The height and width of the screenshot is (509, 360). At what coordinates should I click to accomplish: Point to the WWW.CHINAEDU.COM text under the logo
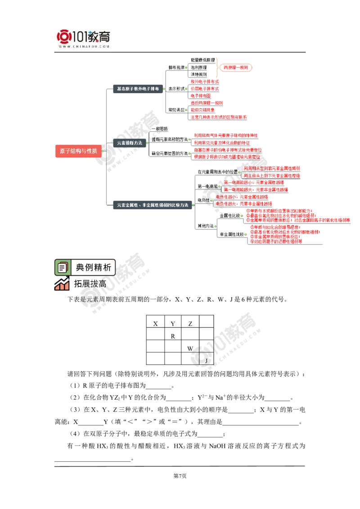(x=84, y=46)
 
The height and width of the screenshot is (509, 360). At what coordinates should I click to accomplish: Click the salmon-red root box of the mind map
(x=77, y=151)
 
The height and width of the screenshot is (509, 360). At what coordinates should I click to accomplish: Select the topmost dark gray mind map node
(x=137, y=89)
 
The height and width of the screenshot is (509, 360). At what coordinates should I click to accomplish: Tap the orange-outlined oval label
(x=236, y=68)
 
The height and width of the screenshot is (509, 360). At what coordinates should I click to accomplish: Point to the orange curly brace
(x=218, y=67)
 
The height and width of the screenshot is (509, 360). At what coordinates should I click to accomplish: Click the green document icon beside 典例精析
(x=62, y=268)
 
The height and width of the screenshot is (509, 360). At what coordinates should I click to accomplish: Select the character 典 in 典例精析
(x=80, y=268)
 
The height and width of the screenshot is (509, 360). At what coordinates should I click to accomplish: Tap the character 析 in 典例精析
(x=107, y=268)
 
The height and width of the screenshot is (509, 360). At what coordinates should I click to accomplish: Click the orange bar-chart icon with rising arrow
(x=61, y=284)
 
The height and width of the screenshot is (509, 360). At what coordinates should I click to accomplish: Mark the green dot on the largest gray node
(x=193, y=205)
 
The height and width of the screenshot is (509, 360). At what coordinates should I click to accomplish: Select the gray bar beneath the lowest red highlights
(x=286, y=245)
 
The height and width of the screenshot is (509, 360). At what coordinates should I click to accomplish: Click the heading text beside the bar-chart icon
(x=90, y=284)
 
